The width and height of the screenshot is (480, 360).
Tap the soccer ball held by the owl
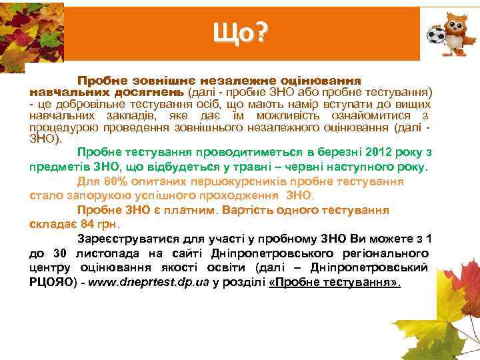pos(437,34)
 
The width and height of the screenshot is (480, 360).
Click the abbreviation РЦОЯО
pos(49,282)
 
